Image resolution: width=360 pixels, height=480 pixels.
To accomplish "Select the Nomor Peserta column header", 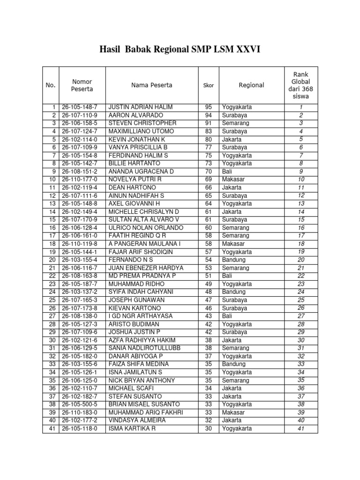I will point(82,85).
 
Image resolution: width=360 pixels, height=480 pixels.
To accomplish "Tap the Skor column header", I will point(208,85).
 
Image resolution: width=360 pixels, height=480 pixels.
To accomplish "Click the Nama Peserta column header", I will point(151,85).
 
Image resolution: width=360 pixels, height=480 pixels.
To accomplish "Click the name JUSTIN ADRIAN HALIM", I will point(141,107).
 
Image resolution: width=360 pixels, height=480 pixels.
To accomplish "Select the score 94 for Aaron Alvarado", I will point(208,115).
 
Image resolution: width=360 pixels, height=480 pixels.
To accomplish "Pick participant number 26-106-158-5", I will point(80,123).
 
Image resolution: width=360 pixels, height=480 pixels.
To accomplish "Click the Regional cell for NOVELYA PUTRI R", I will point(232,180).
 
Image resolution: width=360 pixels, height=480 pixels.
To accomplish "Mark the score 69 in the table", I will point(208,180).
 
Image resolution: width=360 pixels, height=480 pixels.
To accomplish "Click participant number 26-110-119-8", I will point(80,244).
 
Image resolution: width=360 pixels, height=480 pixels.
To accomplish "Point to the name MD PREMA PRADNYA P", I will point(142,276).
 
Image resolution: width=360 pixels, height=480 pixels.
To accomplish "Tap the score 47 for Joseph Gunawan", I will point(208,300).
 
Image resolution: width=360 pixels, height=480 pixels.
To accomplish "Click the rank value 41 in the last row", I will point(301,428).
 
